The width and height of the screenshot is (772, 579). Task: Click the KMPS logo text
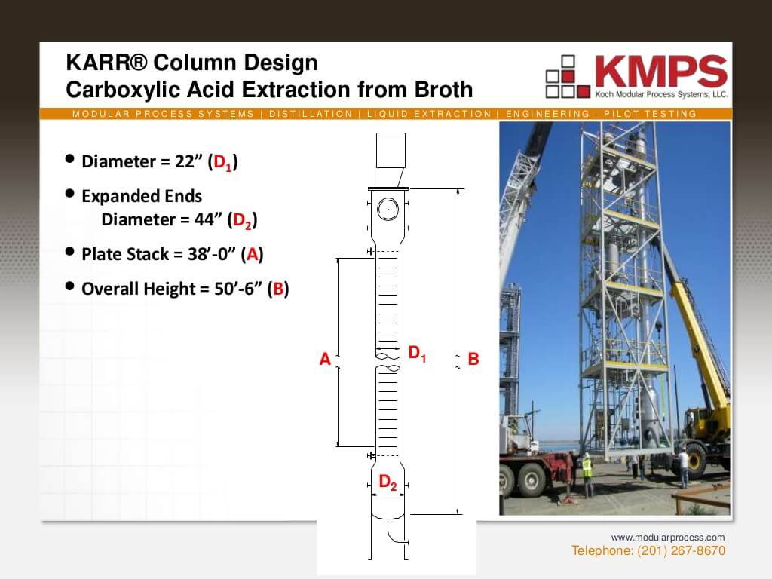point(660,72)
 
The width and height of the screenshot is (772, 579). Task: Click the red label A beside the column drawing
point(325,360)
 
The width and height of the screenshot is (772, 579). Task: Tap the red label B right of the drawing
point(473,360)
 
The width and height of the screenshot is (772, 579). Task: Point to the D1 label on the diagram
point(417,353)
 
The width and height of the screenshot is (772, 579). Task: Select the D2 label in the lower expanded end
point(388,482)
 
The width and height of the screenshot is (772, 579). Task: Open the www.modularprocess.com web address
point(667,538)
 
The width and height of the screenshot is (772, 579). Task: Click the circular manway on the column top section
point(388,208)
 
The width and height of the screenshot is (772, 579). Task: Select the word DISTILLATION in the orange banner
point(311,114)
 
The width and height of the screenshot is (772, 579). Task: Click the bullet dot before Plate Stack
point(70,252)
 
